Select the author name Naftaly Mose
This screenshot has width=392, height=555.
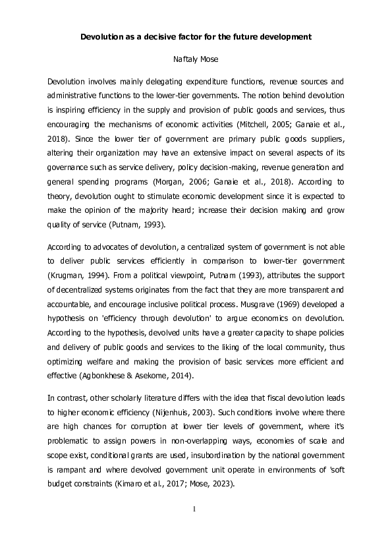(195, 59)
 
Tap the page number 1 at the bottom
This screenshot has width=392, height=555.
(196, 509)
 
